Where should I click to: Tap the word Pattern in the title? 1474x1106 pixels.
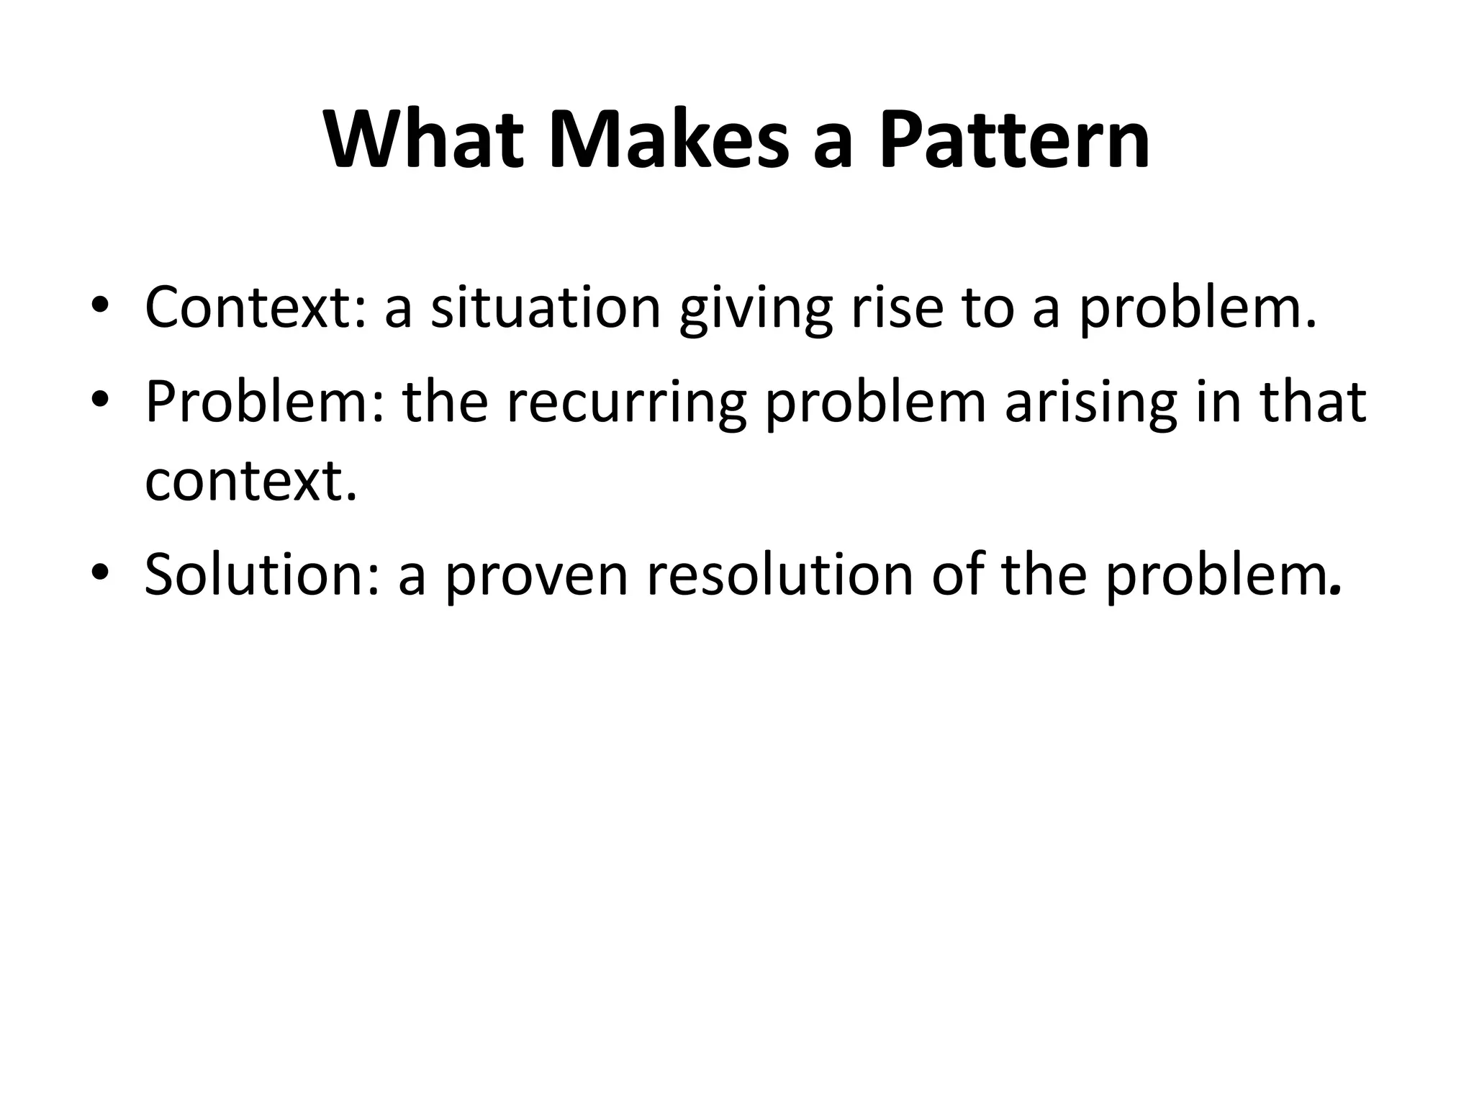(x=1013, y=140)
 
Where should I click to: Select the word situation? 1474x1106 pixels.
(x=546, y=308)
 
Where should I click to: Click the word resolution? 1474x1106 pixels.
(x=779, y=575)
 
